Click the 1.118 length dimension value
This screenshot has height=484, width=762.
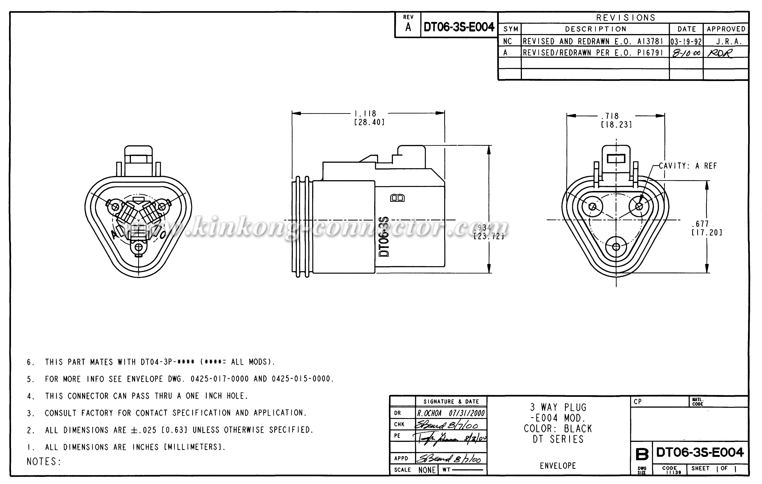365,113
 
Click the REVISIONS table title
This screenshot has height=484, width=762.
626,18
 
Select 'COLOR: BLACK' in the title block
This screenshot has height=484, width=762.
558,429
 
